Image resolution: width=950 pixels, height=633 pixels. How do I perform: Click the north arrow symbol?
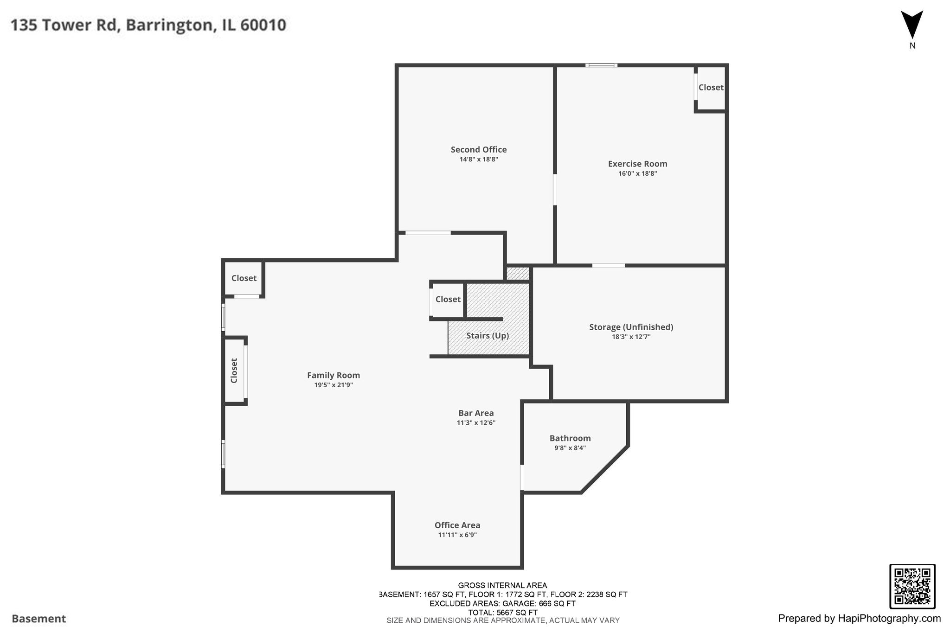point(912,26)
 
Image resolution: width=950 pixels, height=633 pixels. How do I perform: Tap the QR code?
point(912,586)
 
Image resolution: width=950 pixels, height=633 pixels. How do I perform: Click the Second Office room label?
point(479,149)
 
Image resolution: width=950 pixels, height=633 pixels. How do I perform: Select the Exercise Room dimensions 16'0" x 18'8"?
point(637,173)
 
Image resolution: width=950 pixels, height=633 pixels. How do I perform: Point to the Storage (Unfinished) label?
point(631,327)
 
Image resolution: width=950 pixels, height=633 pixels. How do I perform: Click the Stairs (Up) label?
point(488,335)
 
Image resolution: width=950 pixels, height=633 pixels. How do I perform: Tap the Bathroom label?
point(570,438)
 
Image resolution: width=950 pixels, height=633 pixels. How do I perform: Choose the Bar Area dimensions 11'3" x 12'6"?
point(476,422)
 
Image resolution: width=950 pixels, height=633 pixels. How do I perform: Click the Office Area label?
point(457,525)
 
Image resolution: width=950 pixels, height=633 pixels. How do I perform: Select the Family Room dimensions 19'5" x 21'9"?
point(334,385)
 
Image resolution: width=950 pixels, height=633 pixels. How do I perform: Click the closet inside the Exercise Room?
point(711,88)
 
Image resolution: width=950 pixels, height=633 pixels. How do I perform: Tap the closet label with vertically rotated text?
point(234,371)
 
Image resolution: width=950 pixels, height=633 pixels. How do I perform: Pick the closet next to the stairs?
point(448,300)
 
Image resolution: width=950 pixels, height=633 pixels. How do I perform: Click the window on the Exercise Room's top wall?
point(601,65)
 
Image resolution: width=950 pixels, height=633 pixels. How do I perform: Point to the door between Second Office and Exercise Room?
point(555,189)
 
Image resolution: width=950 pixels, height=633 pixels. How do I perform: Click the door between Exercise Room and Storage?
point(608,265)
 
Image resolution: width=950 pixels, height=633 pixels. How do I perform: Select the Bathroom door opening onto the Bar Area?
point(522,477)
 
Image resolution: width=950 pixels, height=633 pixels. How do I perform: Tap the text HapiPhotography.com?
point(889,618)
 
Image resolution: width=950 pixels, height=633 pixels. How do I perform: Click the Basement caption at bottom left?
point(39,619)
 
